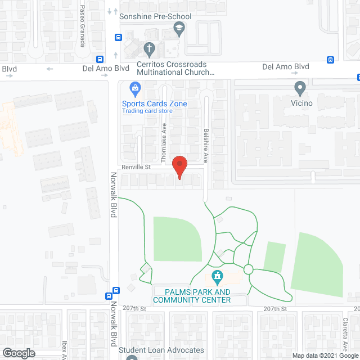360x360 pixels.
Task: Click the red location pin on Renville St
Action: pos(179,167)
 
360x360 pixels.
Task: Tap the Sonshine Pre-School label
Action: pos(155,16)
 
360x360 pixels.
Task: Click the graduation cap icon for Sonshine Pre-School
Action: pos(179,29)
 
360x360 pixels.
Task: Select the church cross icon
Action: pos(150,49)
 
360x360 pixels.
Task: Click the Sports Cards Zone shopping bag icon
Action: pos(135,88)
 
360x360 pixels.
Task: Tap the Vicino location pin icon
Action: pos(300,88)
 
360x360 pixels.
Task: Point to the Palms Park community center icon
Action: pos(216,276)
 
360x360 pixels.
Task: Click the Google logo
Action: pos(18,353)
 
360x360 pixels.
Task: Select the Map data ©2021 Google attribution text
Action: pos(324,355)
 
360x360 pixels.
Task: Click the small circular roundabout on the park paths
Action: pos(248,269)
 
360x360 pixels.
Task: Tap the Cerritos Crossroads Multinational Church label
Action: pos(175,69)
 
